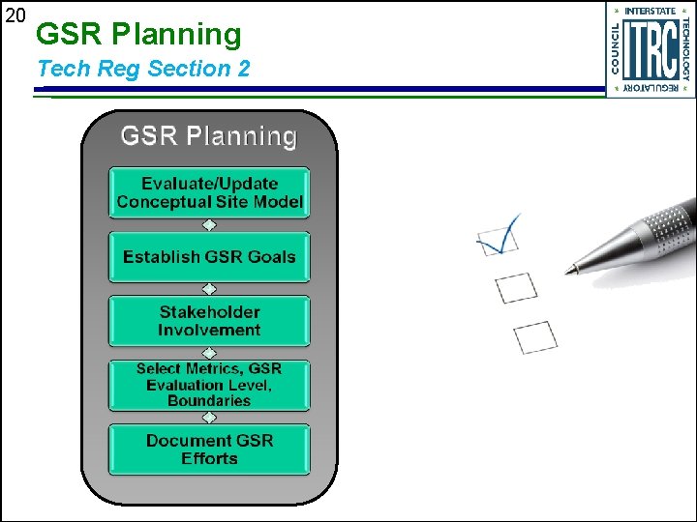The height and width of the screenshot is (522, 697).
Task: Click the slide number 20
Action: tap(15, 15)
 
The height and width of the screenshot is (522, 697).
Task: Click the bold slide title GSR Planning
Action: tap(138, 35)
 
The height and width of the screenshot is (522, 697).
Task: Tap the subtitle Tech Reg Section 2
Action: tap(143, 69)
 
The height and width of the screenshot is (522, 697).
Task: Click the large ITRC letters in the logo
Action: tap(650, 48)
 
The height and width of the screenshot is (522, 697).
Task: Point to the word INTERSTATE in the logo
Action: tap(651, 11)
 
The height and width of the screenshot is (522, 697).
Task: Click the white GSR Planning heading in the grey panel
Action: tap(208, 136)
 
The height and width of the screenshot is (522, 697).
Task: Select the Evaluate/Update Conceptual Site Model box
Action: tap(209, 192)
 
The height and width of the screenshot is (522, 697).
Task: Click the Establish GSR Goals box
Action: tap(209, 257)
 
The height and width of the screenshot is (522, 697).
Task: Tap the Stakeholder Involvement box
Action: tap(209, 321)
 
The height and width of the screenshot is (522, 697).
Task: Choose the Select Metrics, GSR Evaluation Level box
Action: tap(209, 384)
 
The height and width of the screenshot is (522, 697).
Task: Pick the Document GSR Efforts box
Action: tap(209, 449)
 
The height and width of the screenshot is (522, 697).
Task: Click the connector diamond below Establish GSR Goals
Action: tap(209, 289)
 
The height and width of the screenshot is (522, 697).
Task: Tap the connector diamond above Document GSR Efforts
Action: tap(209, 418)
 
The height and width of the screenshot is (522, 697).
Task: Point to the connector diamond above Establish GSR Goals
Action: tap(209, 225)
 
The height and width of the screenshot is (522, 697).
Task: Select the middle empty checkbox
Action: tap(515, 287)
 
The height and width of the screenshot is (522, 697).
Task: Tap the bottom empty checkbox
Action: tap(535, 336)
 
